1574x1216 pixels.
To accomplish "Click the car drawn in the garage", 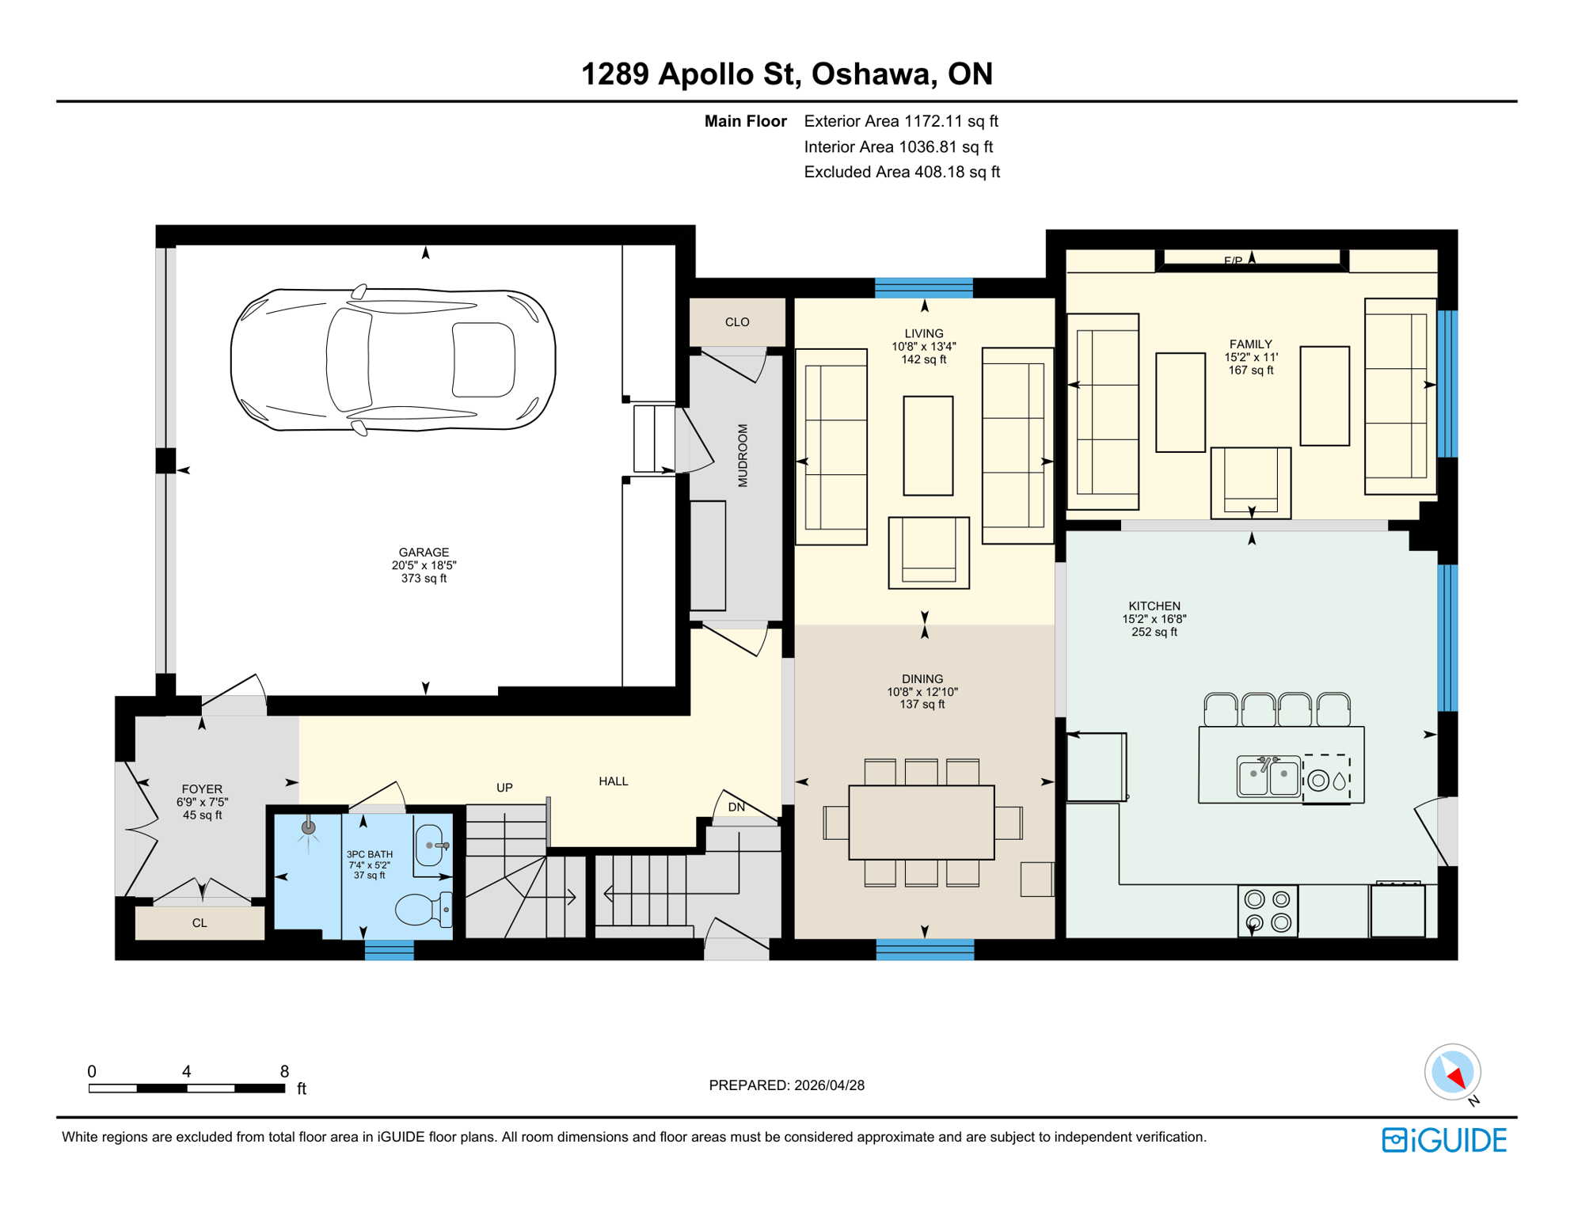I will click(x=393, y=360).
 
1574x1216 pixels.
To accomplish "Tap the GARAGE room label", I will click(x=424, y=553).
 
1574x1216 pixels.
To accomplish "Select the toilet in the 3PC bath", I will click(x=423, y=909).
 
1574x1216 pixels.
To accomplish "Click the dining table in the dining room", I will click(x=921, y=822).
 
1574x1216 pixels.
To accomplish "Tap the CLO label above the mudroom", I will click(x=736, y=322).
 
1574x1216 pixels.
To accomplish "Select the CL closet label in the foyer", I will click(x=200, y=923).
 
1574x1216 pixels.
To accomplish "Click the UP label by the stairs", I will click(x=504, y=788).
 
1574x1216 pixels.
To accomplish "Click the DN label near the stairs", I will click(x=736, y=807).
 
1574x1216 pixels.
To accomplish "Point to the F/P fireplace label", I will click(x=1233, y=261).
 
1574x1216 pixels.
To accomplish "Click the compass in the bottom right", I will click(x=1452, y=1072).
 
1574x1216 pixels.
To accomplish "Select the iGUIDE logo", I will click(x=1444, y=1140).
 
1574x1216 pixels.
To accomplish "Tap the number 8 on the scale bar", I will click(x=284, y=1071).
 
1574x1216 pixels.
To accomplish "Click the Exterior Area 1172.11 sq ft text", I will click(x=900, y=121).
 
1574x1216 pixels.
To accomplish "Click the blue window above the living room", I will click(x=923, y=287).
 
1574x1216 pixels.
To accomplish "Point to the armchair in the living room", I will click(x=928, y=553).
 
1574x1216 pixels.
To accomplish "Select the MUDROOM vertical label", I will click(x=743, y=455).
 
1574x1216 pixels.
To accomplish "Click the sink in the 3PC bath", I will click(x=431, y=845).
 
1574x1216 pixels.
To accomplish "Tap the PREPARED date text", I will click(x=786, y=1085).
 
